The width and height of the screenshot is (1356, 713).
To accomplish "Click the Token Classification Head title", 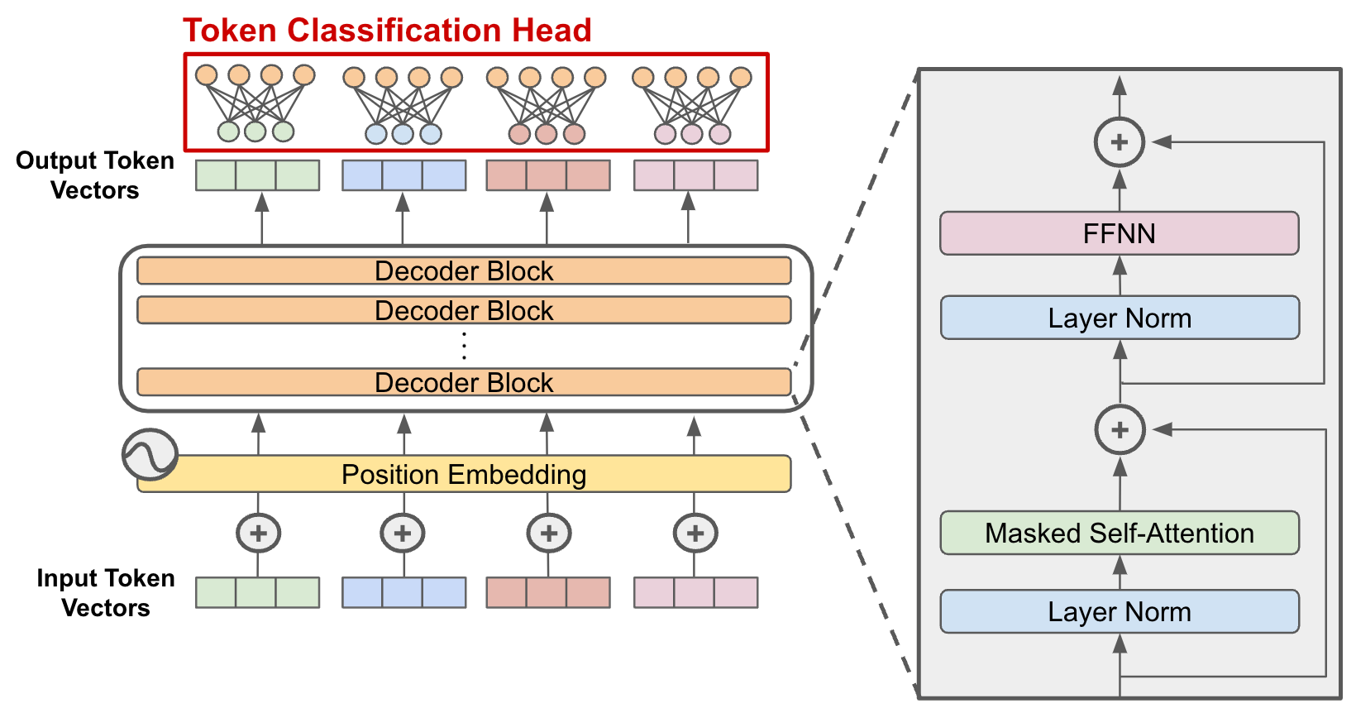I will (x=387, y=31).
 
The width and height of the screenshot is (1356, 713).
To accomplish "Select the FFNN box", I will (x=1119, y=233).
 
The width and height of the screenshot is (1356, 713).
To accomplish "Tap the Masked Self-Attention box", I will (x=1119, y=533).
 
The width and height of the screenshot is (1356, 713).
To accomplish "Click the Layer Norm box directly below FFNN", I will (x=1119, y=318).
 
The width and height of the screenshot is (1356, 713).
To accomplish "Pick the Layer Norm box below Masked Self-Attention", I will (x=1119, y=611).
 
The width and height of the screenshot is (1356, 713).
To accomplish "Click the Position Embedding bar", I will (x=464, y=474).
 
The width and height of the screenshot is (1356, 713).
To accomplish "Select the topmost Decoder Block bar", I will (x=464, y=270).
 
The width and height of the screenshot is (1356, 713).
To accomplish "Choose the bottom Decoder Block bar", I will (x=464, y=382).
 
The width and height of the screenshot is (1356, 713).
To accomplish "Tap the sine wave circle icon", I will (x=150, y=454).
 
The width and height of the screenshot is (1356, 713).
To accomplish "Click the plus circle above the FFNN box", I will (x=1119, y=142).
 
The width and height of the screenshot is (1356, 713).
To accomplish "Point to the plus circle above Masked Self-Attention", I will (x=1120, y=430).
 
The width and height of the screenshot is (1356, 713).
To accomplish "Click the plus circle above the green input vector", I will (x=258, y=534).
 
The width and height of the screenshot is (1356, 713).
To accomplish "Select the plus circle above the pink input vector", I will (x=695, y=534).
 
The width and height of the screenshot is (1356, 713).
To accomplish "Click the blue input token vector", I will (x=403, y=592).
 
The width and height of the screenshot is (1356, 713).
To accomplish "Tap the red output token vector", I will (x=547, y=175).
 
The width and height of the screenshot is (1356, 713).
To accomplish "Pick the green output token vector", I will (x=257, y=175).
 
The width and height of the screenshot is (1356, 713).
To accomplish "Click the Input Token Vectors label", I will (x=105, y=592).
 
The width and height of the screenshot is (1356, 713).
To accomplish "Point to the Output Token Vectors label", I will (x=94, y=175).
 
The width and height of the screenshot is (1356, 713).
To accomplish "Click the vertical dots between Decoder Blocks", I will (x=464, y=345).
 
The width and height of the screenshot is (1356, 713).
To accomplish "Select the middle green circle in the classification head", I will (x=255, y=132).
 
